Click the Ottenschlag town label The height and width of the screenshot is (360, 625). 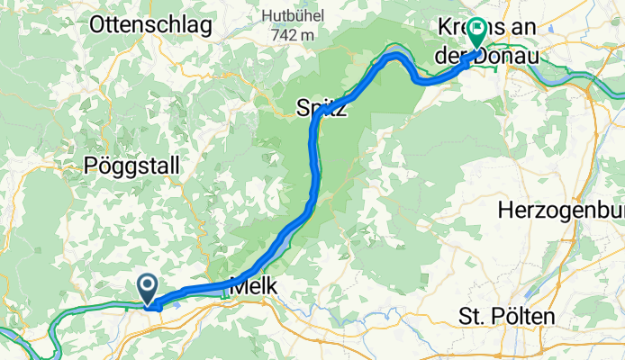tap(151, 24)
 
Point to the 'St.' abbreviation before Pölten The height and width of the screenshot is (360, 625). tap(472, 316)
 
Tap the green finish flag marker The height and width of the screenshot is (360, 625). tap(475, 33)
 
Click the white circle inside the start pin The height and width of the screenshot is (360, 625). tap(148, 284)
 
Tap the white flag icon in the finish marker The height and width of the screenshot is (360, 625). tap(475, 30)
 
